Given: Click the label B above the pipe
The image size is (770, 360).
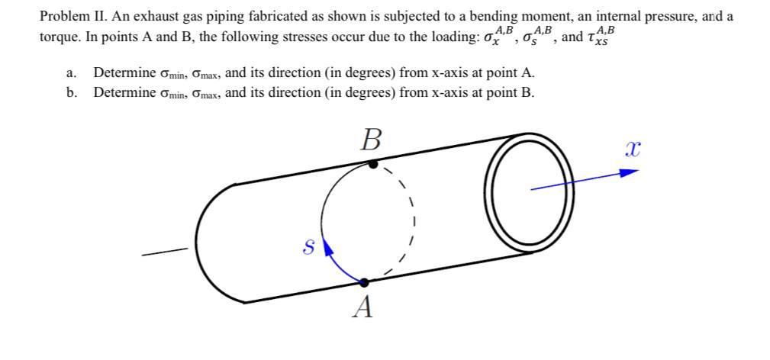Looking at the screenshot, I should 371,140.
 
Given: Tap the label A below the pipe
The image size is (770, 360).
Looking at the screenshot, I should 365,307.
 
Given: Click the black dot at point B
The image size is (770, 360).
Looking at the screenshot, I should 372,163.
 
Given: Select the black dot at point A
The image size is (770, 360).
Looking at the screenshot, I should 364,282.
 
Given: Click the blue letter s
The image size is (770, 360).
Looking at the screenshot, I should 308,246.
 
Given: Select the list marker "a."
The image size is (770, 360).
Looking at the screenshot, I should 71,73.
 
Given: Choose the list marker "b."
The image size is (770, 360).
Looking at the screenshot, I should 71,93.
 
